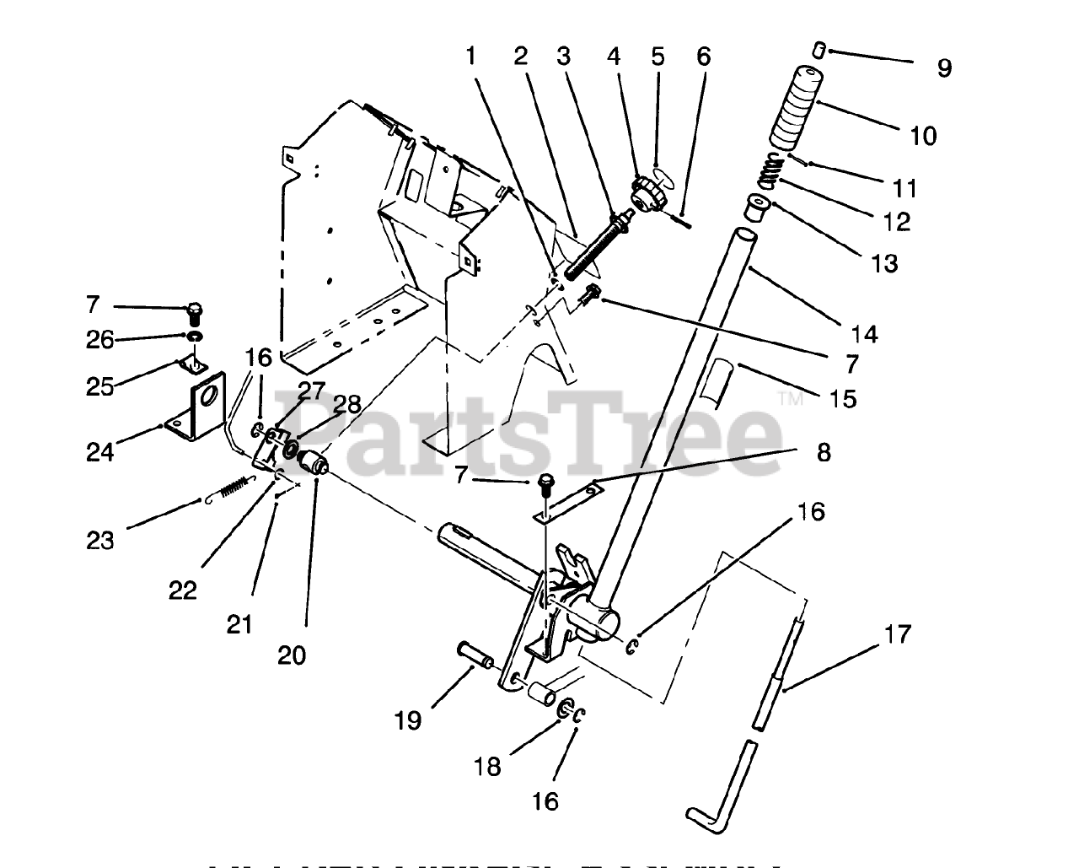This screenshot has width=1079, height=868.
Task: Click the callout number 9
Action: point(944,68)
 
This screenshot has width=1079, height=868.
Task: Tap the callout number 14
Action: point(864,334)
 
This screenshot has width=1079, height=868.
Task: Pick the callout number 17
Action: point(897,633)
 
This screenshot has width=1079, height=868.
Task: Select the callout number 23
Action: point(100,540)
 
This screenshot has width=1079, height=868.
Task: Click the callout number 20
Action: point(292,655)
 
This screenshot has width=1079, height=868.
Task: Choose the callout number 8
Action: point(824,452)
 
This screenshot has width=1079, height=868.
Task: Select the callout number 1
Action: point(470,57)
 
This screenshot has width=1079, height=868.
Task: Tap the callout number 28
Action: point(346,404)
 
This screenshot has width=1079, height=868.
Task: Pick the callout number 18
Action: point(488,766)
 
